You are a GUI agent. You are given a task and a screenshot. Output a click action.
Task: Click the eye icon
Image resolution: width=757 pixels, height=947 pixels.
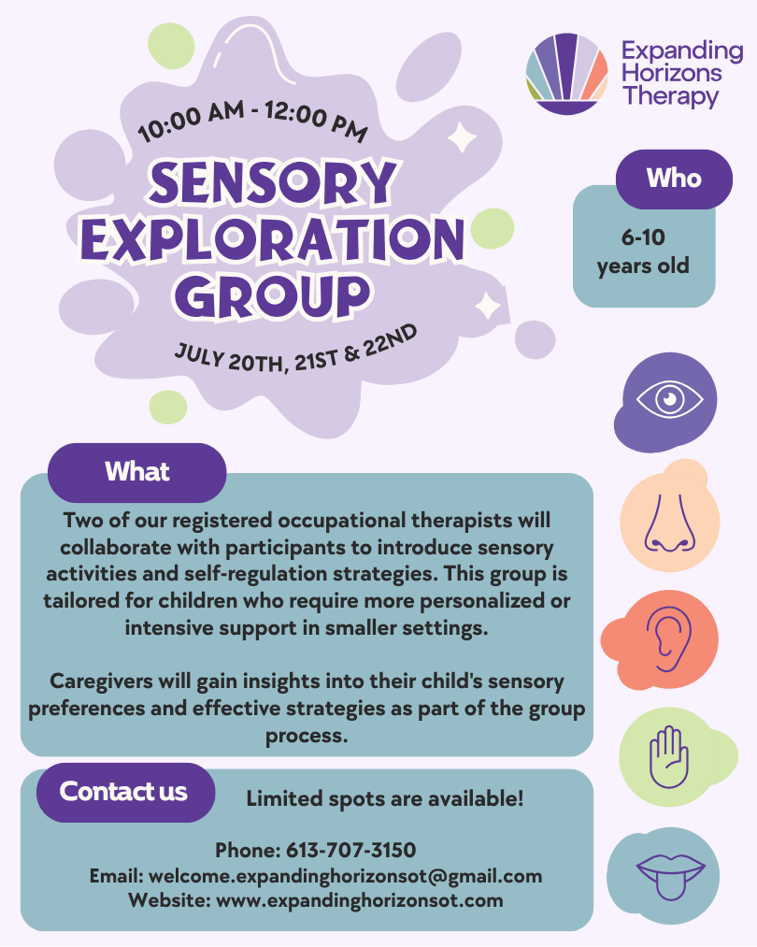(x=669, y=400)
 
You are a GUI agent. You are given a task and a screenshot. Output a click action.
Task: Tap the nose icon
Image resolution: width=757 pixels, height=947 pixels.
(x=668, y=522)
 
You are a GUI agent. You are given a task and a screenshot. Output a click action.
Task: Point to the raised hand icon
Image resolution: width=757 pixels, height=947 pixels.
(x=667, y=753)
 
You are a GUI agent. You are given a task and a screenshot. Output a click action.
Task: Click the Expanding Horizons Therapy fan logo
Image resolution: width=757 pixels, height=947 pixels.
(x=567, y=74)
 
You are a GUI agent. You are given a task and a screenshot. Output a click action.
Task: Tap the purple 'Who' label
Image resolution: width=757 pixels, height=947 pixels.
(x=674, y=179)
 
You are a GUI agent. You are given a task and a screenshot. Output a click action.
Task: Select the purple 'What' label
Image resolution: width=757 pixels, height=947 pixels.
(x=137, y=472)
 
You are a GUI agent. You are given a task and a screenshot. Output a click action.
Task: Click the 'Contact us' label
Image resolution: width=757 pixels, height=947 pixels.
(x=124, y=792)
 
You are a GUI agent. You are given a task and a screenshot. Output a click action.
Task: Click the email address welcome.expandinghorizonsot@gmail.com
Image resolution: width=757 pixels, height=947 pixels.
(x=345, y=876)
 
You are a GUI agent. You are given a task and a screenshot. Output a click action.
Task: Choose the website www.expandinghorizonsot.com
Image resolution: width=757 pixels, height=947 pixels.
(x=360, y=901)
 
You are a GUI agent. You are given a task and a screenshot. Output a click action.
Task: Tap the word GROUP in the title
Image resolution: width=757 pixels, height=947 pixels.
(x=272, y=294)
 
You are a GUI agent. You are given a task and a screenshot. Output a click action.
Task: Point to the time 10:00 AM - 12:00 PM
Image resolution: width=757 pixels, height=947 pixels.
(x=252, y=122)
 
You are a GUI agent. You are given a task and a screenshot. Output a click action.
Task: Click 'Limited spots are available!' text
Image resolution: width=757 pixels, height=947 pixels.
(x=385, y=799)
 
